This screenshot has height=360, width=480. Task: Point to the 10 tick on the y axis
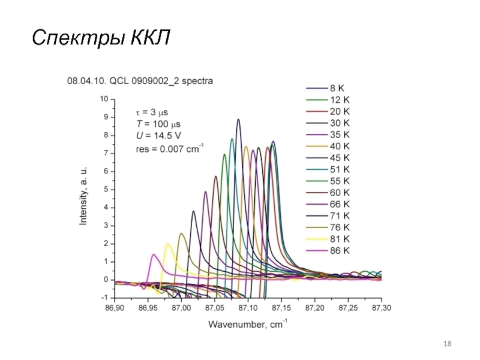[104, 99]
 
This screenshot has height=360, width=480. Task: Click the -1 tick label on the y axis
[105, 298]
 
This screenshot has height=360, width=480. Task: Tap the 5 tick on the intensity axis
[106, 190]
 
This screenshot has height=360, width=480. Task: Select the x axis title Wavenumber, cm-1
[248, 325]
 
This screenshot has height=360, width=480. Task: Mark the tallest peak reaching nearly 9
[238, 120]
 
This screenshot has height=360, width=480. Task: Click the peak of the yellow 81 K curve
[167, 244]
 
